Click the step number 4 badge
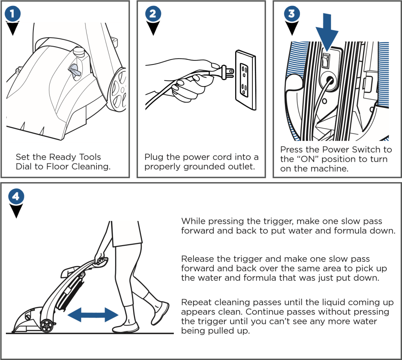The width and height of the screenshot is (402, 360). [16, 197]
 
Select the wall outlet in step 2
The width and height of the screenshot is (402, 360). [245, 80]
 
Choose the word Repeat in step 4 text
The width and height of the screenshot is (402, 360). [195, 302]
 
